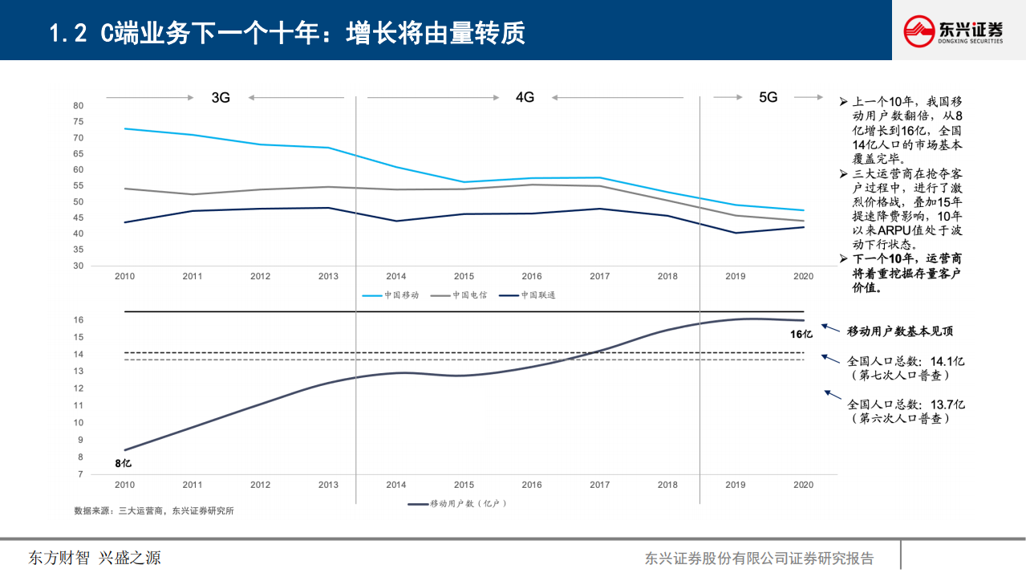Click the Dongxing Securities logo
(x=953, y=30)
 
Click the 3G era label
(x=221, y=98)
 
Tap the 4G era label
(x=525, y=97)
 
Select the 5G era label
(x=768, y=97)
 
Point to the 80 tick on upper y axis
(x=78, y=105)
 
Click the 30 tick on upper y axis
(x=78, y=266)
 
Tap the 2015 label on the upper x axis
(x=464, y=276)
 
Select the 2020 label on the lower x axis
(x=803, y=485)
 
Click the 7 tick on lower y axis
(x=80, y=474)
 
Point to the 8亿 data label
(x=123, y=463)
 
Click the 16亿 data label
(x=801, y=334)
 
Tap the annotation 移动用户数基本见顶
(x=900, y=331)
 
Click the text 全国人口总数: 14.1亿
(x=906, y=361)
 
